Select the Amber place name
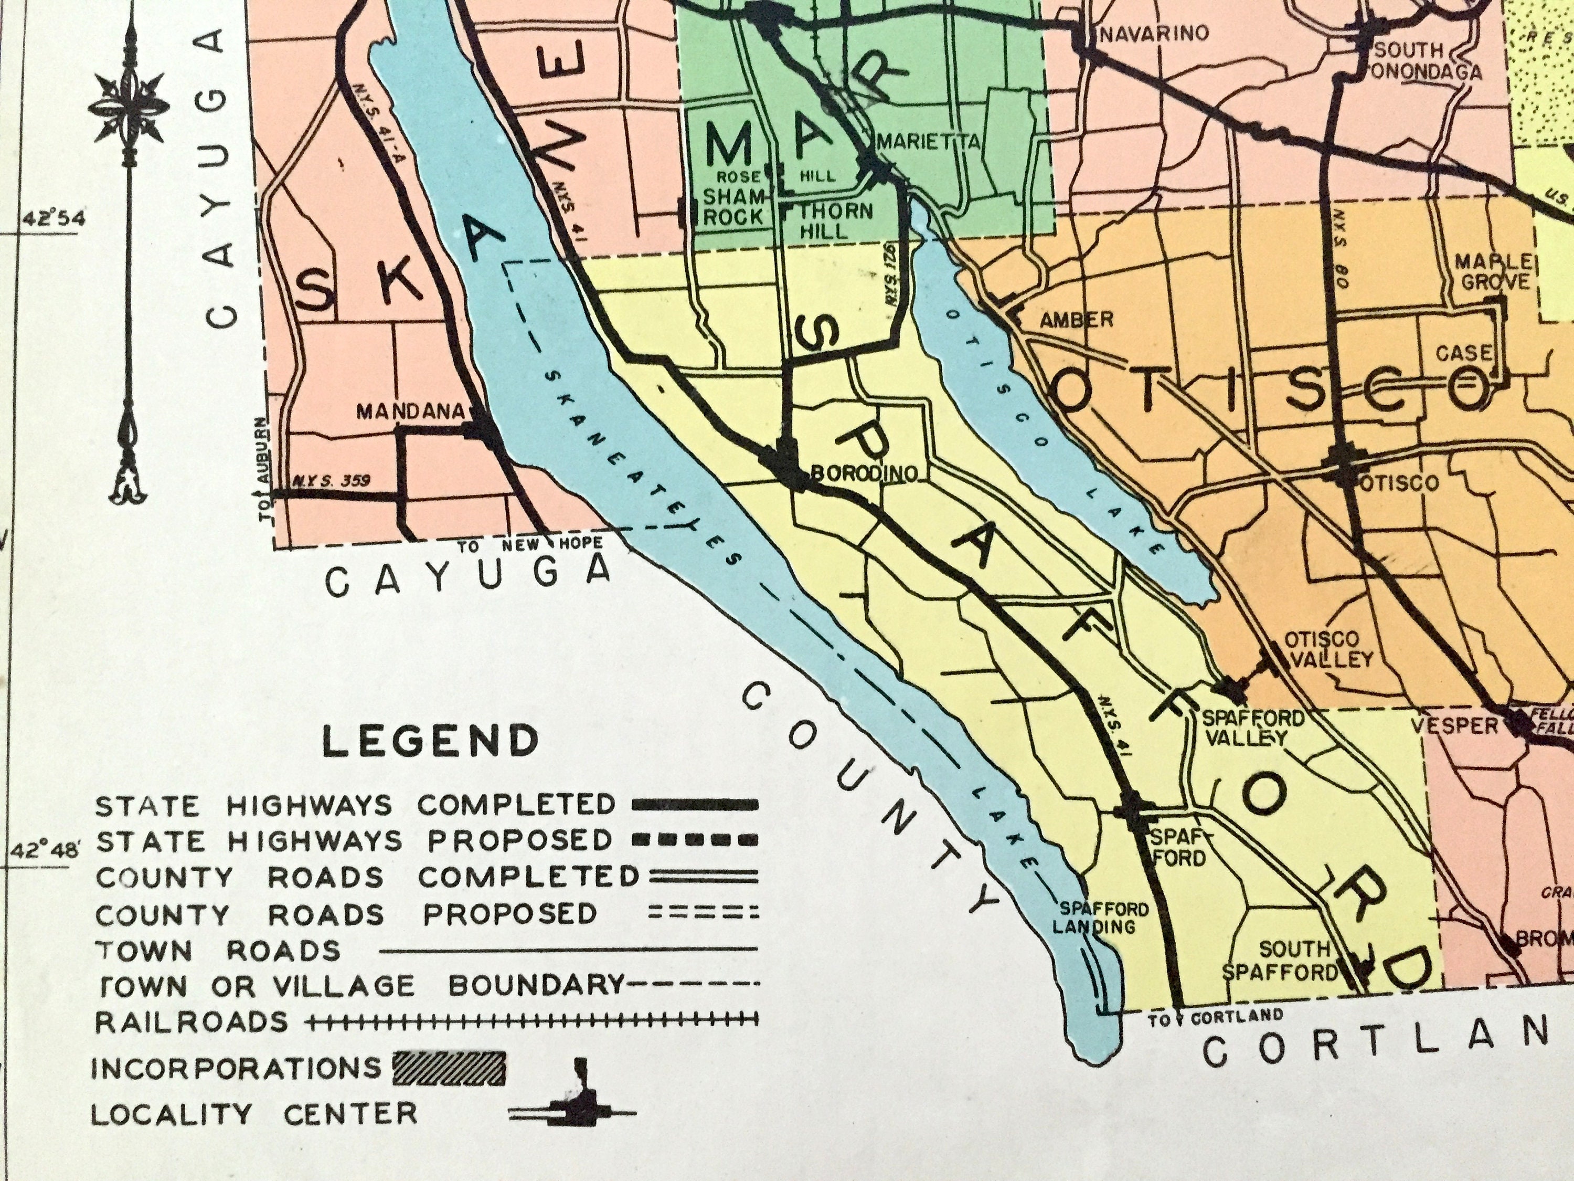click(x=1076, y=320)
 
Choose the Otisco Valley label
click(x=1326, y=649)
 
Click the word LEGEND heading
click(x=431, y=742)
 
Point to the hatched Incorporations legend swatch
click(x=449, y=1068)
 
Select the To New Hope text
click(x=530, y=545)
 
